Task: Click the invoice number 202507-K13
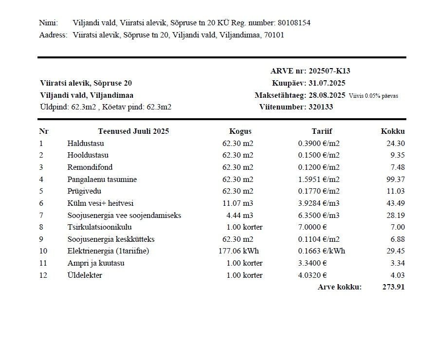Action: tap(329, 71)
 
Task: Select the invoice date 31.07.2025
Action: tap(327, 83)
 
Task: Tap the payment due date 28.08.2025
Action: tap(327, 95)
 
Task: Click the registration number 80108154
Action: tap(294, 23)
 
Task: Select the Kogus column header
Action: tap(240, 131)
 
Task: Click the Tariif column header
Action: tap(322, 131)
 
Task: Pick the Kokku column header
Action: tap(393, 131)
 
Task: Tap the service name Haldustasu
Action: tap(86, 144)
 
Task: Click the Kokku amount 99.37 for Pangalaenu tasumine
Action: tap(395, 180)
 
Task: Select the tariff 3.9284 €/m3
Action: tap(319, 203)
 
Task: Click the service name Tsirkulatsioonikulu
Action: tap(99, 227)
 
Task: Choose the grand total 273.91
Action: tap(394, 287)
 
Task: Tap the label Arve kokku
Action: tap(340, 287)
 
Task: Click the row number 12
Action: tap(43, 275)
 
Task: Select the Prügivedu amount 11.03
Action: tap(395, 192)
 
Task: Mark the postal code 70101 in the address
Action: tap(274, 35)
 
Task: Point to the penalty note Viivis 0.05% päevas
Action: tap(373, 96)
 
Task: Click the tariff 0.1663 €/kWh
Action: tap(321, 252)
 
